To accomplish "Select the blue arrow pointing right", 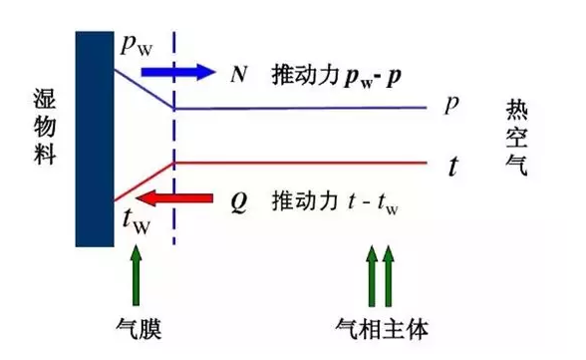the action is tap(178, 72).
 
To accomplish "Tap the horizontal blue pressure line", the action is tap(299, 108).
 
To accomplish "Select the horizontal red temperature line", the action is tap(299, 162).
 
